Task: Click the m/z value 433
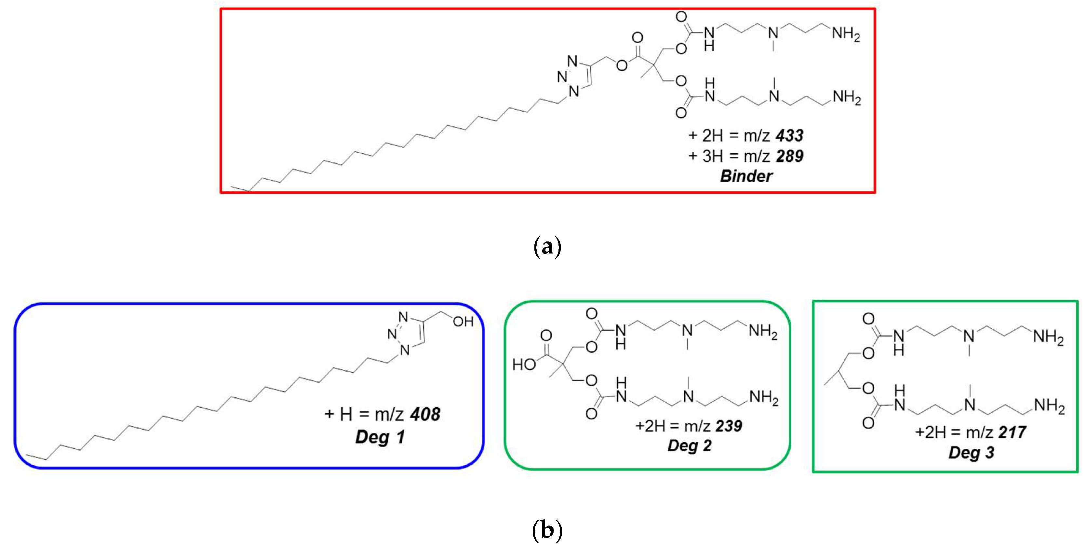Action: coord(789,135)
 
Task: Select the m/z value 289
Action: coord(789,156)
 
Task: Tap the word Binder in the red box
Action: coord(746,176)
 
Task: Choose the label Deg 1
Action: coord(380,436)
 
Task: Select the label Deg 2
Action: coord(689,445)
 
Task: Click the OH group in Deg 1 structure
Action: coord(463,322)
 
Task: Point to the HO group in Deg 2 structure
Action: coord(524,364)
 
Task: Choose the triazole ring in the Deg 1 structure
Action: coord(407,334)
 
